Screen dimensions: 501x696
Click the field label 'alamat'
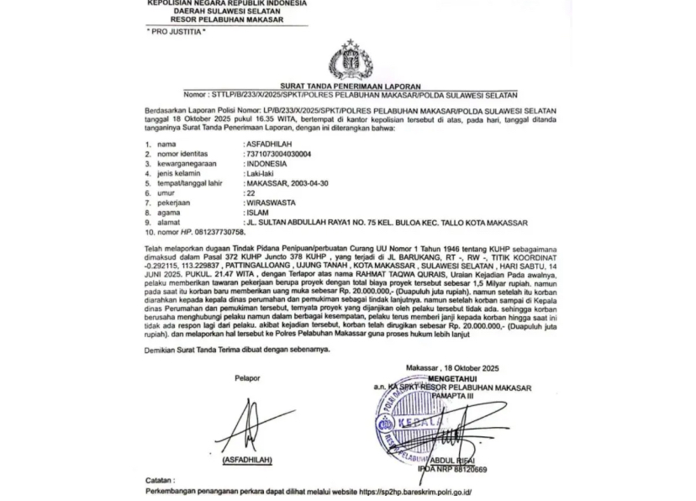pos(166,223)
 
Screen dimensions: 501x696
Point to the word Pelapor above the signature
pos(247,378)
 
